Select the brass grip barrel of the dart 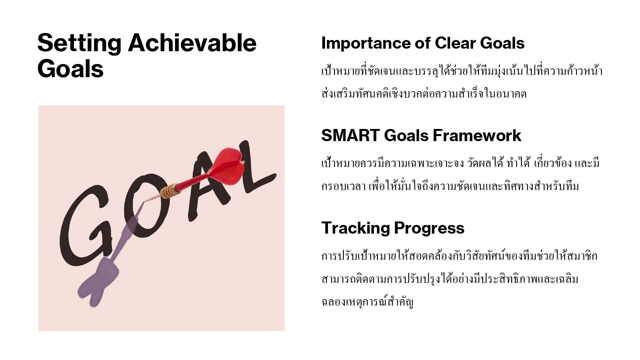coord(169,191)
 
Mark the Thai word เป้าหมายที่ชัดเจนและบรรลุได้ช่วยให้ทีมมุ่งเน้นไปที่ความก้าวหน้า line coord(462,71)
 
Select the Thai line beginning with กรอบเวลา coord(450,186)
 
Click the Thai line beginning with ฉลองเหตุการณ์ coord(367,302)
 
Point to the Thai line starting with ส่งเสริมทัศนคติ coord(424,93)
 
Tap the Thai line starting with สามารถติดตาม coord(450,279)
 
